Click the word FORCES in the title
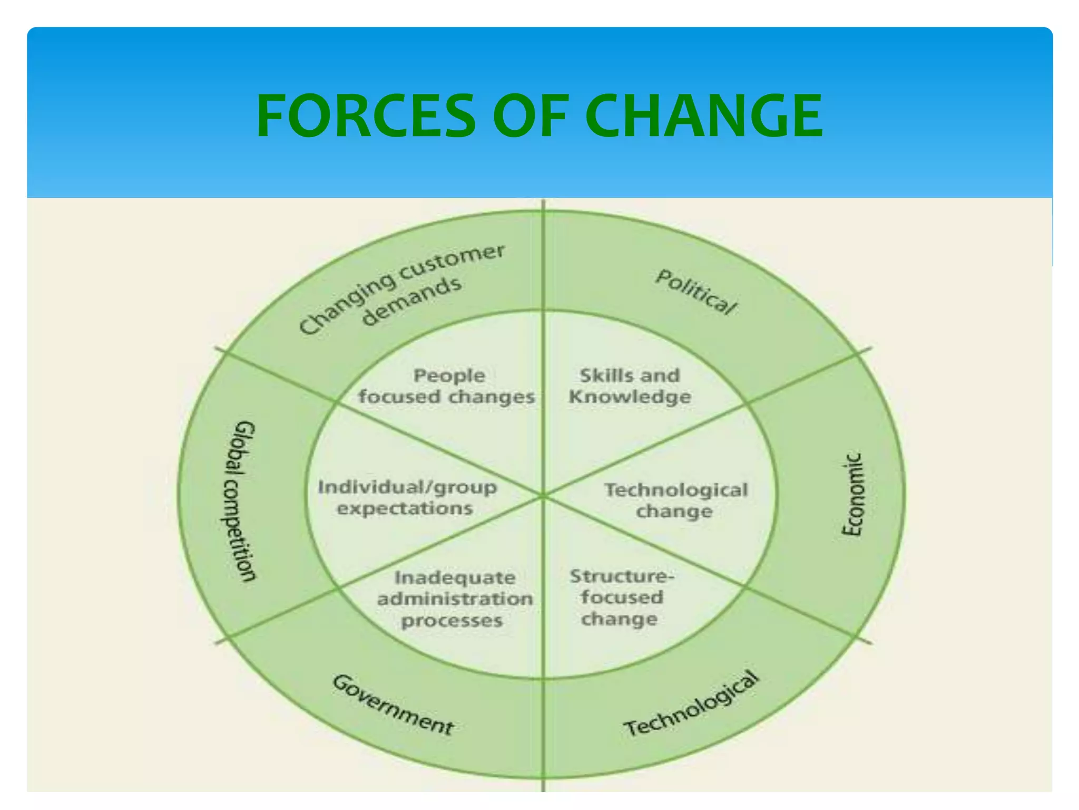point(366,115)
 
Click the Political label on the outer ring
point(695,292)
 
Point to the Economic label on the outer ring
point(852,494)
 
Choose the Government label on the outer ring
point(393,705)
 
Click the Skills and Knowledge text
point(630,385)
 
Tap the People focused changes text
point(447,385)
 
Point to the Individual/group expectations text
point(407,497)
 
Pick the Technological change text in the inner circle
point(675,500)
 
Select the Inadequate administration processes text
point(455,599)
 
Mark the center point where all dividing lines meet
point(543,496)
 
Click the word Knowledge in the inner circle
point(630,397)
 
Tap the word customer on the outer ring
point(452,262)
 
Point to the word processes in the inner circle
point(452,621)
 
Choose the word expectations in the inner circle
point(405,508)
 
